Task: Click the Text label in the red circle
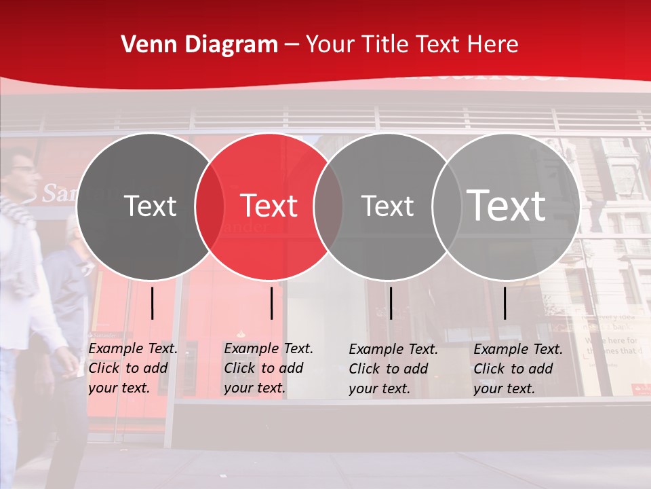click(269, 206)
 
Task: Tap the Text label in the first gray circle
click(151, 206)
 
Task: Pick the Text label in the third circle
click(388, 206)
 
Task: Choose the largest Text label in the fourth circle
click(507, 206)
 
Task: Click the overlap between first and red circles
click(210, 206)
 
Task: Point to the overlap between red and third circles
click(328, 206)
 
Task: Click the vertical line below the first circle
click(153, 303)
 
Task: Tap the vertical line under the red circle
click(271, 303)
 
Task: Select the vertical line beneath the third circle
click(391, 303)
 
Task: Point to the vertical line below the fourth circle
click(505, 303)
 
